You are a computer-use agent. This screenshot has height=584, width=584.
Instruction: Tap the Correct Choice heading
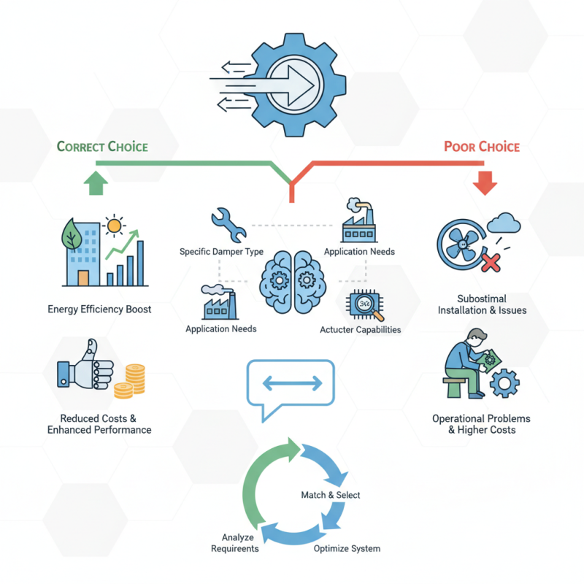coord(102,147)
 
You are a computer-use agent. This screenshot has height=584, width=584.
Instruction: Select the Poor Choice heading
coord(482,147)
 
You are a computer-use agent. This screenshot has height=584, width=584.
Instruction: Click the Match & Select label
coord(331,495)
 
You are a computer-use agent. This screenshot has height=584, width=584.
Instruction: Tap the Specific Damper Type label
coord(221,252)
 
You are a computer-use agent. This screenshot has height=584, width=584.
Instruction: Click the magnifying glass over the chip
coord(372,310)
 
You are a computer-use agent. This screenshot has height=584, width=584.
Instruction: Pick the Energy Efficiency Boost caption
coord(99,309)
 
